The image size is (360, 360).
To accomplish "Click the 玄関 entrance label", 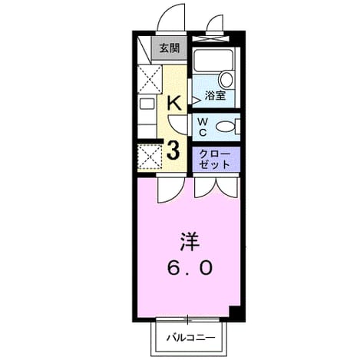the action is click(170, 48).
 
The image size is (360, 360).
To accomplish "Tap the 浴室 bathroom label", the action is click(215, 95).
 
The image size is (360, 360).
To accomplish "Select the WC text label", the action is click(203, 127).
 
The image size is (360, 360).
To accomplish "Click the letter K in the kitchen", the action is click(174, 103).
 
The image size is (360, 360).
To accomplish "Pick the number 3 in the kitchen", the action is click(173, 150).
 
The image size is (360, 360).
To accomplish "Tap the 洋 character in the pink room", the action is click(190, 242).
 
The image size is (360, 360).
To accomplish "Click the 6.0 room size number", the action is click(190, 268).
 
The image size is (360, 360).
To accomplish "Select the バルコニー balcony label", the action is click(191, 338).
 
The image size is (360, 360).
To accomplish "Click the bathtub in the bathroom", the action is click(213, 61).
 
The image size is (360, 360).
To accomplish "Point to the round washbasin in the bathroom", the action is click(226, 80).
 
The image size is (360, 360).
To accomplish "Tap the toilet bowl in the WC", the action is click(226, 127).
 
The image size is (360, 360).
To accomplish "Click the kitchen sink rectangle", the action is click(147, 104).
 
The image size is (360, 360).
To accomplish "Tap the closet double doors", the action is click(216, 188).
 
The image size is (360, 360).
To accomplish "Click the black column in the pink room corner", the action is click(235, 312).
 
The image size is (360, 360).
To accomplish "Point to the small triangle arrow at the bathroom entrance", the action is click(195, 101).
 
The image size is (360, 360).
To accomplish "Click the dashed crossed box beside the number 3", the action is click(150, 157).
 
